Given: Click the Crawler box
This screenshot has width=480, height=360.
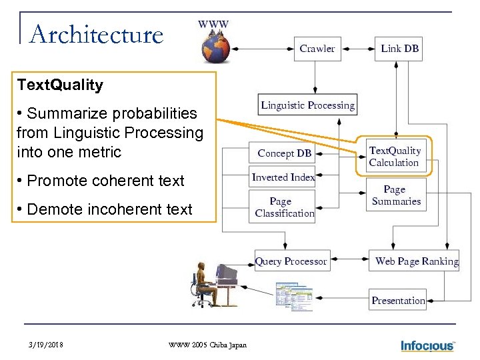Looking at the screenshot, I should tap(317, 49).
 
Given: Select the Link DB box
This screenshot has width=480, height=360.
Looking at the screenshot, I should tap(399, 49).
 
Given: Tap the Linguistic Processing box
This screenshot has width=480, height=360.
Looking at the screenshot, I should tap(307, 105).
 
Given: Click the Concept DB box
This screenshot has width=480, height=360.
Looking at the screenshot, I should tap(285, 153).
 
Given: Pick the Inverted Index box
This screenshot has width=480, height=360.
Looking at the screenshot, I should tap(283, 177).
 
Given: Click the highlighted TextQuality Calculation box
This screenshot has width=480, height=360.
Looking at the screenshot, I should tap(395, 157).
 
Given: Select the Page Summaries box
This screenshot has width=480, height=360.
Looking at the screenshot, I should tap(397, 195).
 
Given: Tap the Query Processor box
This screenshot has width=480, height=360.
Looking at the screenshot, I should tap(291, 261).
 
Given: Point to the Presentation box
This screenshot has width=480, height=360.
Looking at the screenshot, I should tap(398, 301).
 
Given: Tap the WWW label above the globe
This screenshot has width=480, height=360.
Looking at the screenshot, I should tap(213, 24).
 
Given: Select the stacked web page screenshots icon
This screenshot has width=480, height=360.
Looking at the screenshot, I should tap(294, 296).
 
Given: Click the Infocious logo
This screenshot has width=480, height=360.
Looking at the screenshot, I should tap(427, 345).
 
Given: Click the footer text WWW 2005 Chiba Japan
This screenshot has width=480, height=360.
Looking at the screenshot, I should tap(207, 345).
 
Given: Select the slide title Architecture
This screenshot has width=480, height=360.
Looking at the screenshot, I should tap(97, 35).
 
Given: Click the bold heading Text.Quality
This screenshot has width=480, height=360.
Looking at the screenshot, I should tap(61, 85).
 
